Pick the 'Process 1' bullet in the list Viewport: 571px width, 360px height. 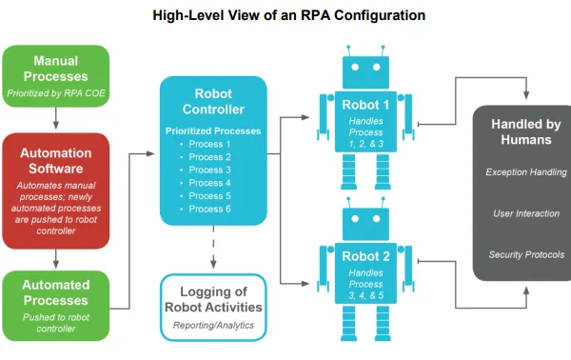tap(210, 144)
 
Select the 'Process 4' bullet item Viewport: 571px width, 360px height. tap(210, 183)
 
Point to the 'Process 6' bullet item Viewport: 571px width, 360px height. tap(210, 209)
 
